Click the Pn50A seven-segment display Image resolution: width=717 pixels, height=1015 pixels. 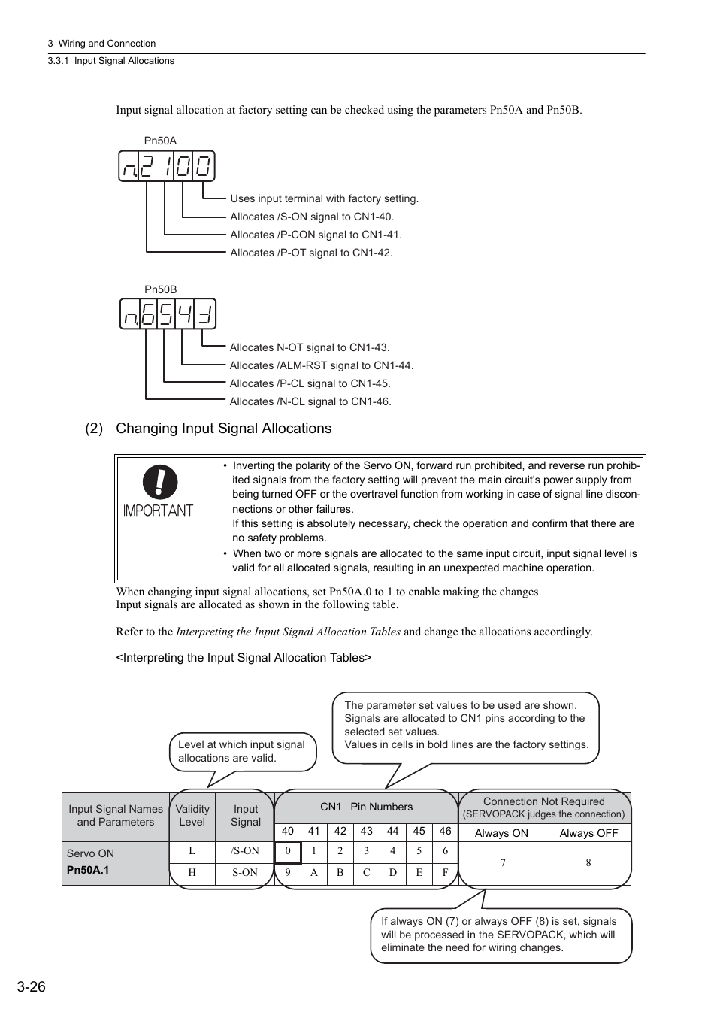point(167,166)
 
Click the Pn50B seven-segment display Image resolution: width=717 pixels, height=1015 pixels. point(168,314)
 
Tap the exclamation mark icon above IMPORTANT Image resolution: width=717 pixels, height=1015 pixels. point(160,482)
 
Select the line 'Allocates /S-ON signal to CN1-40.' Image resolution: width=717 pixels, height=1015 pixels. point(311,217)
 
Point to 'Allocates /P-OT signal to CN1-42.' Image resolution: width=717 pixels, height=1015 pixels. point(311,253)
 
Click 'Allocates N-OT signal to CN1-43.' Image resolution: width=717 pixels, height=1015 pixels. point(309,347)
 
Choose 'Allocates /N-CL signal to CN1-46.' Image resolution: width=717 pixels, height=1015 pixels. point(310,401)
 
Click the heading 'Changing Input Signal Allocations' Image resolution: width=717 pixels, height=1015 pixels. point(223,429)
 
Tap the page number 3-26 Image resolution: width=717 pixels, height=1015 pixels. point(31,986)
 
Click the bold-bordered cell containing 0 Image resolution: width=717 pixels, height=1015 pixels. point(288,852)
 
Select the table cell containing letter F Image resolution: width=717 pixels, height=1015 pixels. point(445,873)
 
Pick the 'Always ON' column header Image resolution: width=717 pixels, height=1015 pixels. point(501,833)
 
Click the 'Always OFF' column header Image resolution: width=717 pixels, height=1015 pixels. point(588,833)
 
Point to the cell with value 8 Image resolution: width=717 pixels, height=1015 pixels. point(588,862)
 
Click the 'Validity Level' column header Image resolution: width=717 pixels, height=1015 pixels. point(192,815)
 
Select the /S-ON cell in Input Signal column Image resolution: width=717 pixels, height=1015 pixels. point(245,851)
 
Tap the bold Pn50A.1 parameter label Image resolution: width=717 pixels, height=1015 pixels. point(88,870)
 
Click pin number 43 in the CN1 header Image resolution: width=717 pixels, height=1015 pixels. point(366,831)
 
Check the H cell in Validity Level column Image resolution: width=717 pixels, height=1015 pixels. point(192,873)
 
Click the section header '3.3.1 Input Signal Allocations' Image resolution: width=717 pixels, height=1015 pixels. point(110,61)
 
